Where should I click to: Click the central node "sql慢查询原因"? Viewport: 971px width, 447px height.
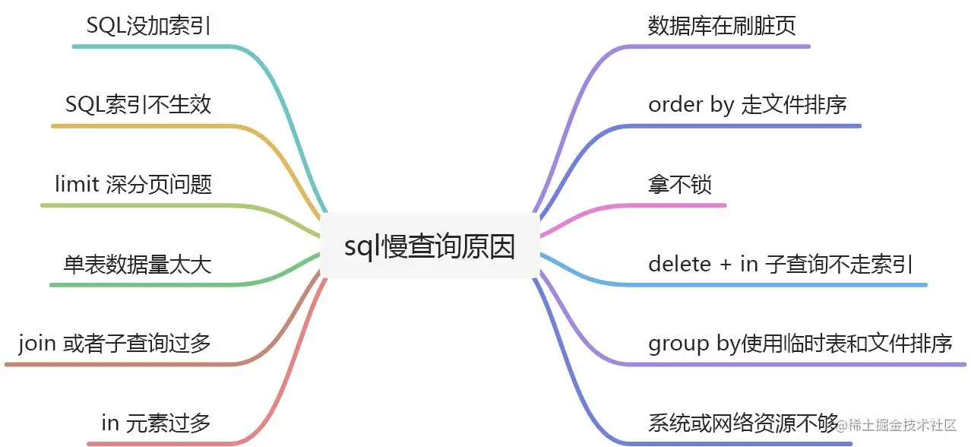point(429,246)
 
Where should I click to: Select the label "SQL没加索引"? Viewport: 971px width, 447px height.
point(148,27)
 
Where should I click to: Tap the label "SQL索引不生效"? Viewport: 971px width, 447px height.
point(138,105)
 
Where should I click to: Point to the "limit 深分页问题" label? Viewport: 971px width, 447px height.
point(133,184)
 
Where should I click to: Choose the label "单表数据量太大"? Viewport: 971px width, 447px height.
point(137,264)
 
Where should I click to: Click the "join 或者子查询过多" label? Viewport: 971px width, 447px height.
point(115,344)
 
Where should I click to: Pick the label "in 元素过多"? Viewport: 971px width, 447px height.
point(156,423)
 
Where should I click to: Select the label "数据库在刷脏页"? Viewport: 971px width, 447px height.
point(722,27)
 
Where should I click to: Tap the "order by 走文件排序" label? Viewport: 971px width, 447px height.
point(748,105)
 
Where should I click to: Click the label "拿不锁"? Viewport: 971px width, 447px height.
point(680,184)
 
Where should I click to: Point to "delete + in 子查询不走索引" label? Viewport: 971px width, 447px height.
point(780,264)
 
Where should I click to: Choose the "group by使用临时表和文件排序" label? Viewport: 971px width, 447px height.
point(800,344)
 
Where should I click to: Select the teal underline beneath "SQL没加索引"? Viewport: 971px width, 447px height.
point(152,46)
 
